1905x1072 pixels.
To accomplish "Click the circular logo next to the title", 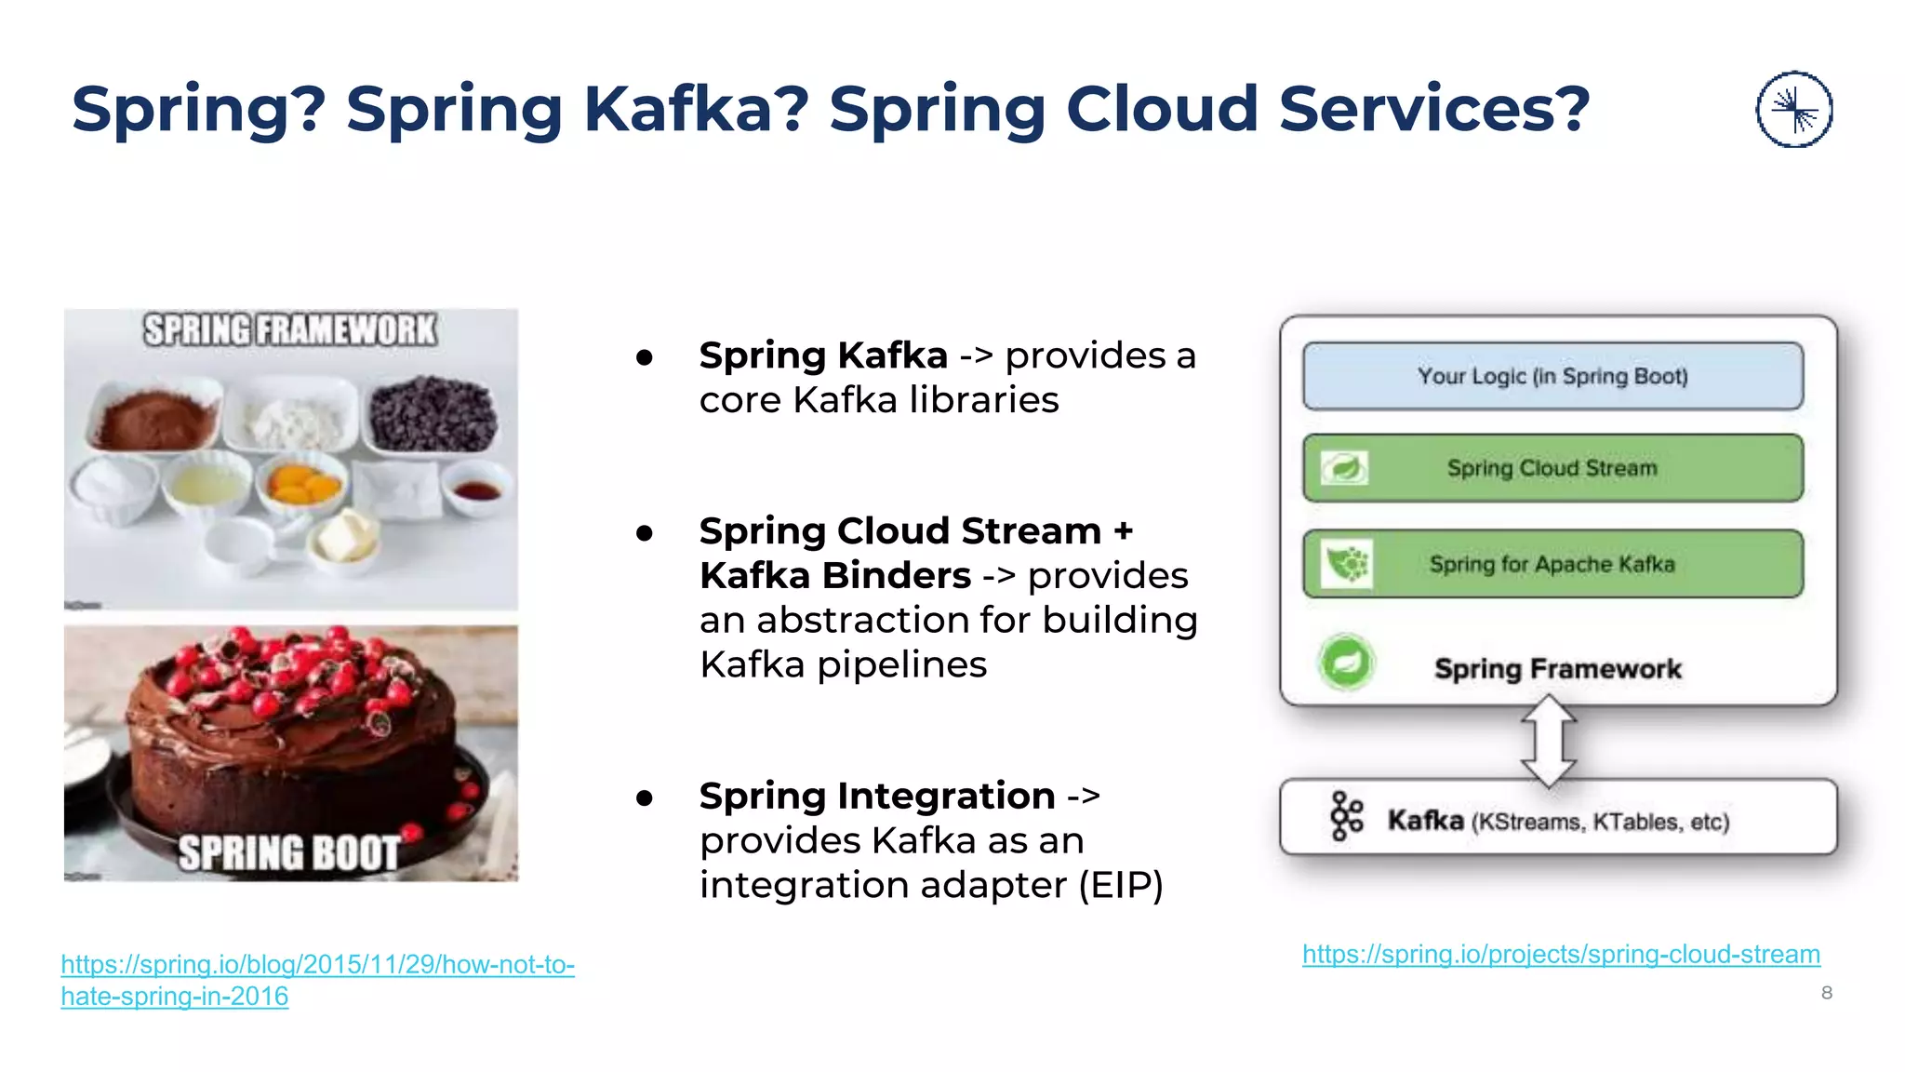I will (x=1793, y=109).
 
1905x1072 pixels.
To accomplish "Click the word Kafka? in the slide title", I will (x=696, y=109).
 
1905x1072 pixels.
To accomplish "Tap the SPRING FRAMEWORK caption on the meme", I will (x=289, y=330).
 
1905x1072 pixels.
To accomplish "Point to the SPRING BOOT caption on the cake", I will (x=288, y=852).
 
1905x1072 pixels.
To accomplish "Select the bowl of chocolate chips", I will (x=433, y=415).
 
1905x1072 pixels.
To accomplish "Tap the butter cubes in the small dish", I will (x=346, y=538).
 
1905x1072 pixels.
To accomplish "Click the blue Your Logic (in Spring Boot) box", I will (x=1552, y=376).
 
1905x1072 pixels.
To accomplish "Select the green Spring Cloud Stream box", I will (x=1552, y=468).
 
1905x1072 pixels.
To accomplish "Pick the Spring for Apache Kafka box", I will (x=1552, y=564).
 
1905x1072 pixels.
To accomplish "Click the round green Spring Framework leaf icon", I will (x=1346, y=663).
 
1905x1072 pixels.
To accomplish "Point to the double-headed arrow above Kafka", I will (x=1549, y=742).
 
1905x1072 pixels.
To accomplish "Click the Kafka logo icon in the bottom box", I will (x=1346, y=817).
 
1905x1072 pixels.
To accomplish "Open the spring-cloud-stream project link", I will (x=1561, y=954).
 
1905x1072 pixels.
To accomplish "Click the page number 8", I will (x=1826, y=993).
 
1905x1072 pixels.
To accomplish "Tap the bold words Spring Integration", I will (x=876, y=796).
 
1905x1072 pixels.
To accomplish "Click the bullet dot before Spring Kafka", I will (x=644, y=357).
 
